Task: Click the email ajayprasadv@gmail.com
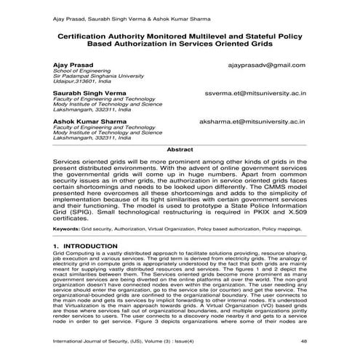point(266,65)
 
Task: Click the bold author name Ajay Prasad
point(73,65)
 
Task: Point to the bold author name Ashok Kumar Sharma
point(88,123)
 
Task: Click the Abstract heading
point(180,148)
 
